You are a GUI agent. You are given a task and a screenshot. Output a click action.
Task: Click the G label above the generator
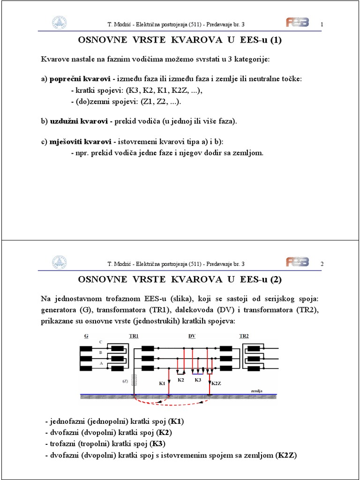(86, 336)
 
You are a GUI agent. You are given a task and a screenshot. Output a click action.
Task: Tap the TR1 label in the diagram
(134, 336)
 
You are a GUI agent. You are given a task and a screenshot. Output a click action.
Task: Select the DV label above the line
(192, 336)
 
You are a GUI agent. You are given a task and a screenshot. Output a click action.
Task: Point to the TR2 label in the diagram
(244, 336)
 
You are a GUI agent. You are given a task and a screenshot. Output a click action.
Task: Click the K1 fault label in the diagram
(162, 383)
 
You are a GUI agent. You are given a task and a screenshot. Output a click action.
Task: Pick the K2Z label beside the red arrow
(216, 383)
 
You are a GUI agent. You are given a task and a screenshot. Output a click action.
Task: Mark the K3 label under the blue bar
(198, 379)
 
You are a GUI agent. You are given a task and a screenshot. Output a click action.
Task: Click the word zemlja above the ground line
(256, 390)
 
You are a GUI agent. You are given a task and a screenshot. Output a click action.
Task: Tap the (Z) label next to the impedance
(125, 381)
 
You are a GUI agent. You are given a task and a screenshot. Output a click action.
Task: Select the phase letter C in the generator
(100, 342)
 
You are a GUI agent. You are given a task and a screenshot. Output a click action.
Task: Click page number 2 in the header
(322, 264)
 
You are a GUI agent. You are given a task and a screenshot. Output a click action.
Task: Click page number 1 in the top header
(322, 24)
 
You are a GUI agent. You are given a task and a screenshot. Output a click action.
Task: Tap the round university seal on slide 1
(59, 22)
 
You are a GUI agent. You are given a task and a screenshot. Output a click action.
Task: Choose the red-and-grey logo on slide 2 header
(297, 262)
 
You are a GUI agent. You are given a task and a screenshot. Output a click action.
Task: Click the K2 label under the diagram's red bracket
(181, 379)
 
